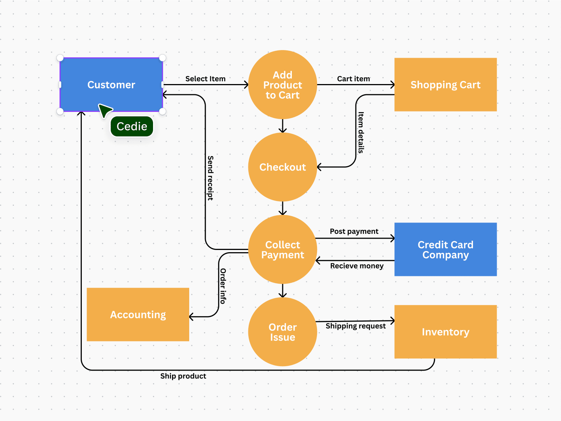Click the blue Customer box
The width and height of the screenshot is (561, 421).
pos(111,84)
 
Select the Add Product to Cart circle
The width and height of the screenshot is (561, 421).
pos(282,85)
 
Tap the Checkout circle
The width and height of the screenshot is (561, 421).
pos(282,167)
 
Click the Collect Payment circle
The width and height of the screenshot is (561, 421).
pos(282,250)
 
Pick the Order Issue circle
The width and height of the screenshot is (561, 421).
pos(282,332)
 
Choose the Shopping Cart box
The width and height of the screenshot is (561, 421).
pos(445,85)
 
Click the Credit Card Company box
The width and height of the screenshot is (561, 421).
pos(445,250)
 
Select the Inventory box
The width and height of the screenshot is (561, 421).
pos(445,332)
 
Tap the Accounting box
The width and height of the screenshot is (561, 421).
pos(138,315)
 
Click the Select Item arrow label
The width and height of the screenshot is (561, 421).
pos(205,79)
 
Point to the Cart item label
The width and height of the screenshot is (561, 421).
pos(353,79)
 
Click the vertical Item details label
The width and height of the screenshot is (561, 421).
pos(361,132)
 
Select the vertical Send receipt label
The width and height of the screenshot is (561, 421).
pos(210,178)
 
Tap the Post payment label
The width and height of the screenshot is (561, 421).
pos(354,231)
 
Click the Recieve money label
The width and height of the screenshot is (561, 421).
pos(356,266)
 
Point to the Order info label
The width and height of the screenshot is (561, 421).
pos(223,286)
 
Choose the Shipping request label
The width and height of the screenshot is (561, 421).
pos(355,326)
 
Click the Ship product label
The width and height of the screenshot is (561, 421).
pos(183,376)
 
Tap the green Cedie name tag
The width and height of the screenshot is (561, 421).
pos(132,126)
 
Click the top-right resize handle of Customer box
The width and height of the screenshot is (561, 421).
pos(163,58)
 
